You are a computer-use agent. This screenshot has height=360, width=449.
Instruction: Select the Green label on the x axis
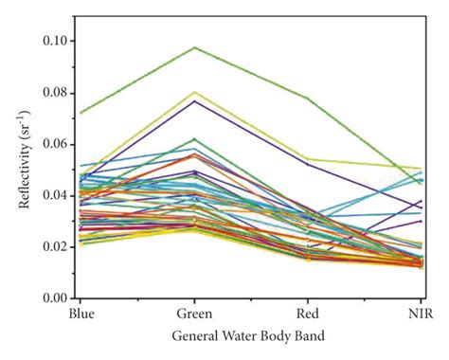click(x=194, y=313)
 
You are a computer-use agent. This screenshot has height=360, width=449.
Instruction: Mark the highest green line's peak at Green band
click(x=194, y=47)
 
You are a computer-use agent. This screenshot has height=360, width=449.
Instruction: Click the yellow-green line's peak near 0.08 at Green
click(x=194, y=92)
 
